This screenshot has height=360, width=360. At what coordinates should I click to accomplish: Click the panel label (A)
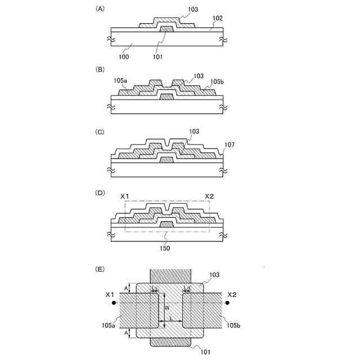point(101,9)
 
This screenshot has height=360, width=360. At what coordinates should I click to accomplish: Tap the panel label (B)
point(101,70)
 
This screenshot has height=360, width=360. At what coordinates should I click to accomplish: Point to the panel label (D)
point(101,192)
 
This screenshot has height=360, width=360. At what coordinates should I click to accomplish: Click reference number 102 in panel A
point(218,18)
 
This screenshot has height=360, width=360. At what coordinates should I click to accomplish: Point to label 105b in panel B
point(218,82)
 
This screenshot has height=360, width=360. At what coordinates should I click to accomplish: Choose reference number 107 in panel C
point(229,144)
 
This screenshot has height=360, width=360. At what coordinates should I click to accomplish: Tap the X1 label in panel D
point(125,196)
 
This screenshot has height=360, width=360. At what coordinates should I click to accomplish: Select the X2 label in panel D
point(209,196)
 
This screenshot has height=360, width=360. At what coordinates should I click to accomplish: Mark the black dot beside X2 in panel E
point(227,303)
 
